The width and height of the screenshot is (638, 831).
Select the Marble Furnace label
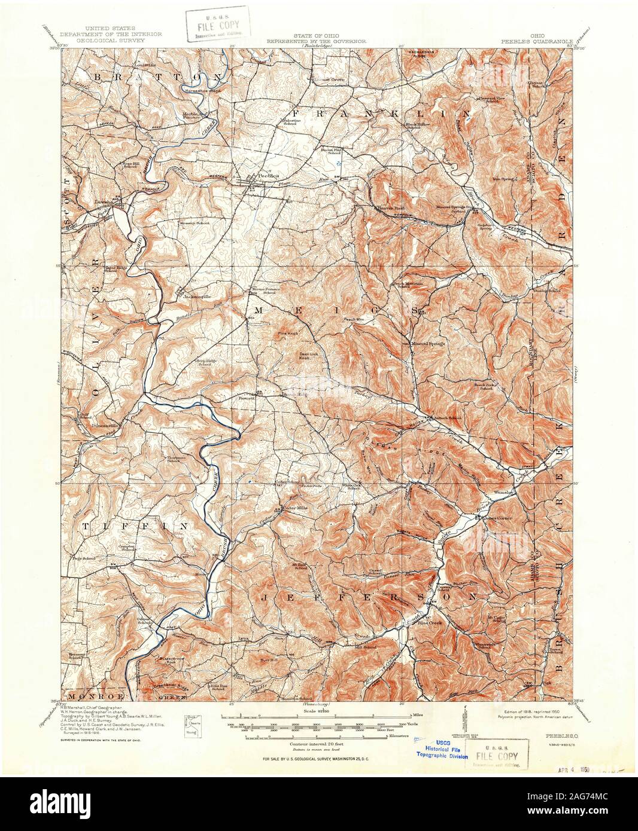point(193,115)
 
